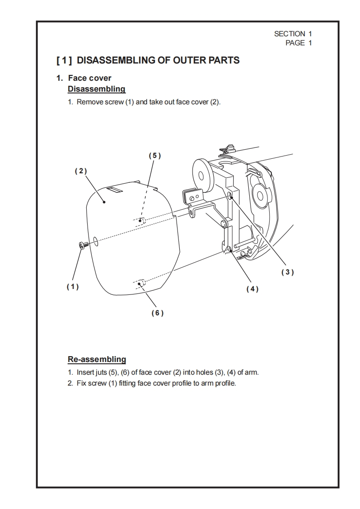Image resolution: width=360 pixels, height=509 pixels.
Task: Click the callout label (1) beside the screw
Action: [73, 287]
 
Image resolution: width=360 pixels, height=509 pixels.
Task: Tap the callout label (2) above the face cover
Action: [80, 171]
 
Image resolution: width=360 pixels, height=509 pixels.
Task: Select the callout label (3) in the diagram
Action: [287, 272]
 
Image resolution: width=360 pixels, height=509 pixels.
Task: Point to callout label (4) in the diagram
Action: [252, 289]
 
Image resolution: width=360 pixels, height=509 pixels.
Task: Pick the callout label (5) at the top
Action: [155, 155]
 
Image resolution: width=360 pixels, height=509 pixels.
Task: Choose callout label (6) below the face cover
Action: [157, 313]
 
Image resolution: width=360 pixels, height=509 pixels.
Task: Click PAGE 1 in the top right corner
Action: [298, 43]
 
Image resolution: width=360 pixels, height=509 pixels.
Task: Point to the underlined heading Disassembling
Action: [96, 89]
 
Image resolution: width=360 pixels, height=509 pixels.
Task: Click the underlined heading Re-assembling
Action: [97, 359]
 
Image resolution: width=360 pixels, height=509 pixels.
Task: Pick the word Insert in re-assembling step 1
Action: [85, 373]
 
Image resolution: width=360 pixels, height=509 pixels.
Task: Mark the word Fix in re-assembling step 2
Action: [81, 383]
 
